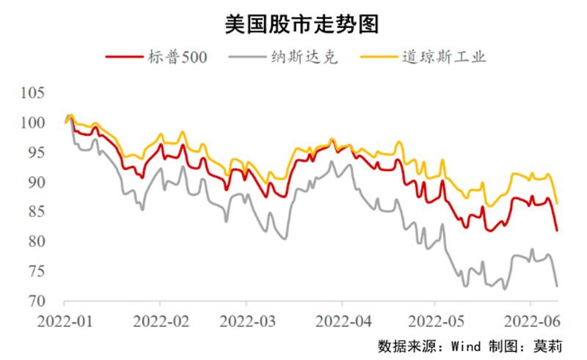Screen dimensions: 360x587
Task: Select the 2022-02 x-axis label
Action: [160, 320]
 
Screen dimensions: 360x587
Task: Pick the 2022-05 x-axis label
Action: [435, 320]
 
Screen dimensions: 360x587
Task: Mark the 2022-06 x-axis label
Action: [531, 320]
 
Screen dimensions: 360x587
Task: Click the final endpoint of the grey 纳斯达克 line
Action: [558, 285]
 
